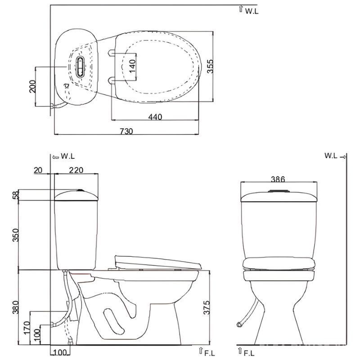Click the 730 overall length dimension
click(126, 131)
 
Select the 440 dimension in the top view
click(155, 117)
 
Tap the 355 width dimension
click(210, 66)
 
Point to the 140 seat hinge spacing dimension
click(132, 66)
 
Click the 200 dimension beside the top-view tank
click(32, 86)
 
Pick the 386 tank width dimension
click(278, 179)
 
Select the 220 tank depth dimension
click(76, 170)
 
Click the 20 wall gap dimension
click(38, 170)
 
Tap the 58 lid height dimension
click(16, 195)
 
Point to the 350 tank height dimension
click(16, 235)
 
